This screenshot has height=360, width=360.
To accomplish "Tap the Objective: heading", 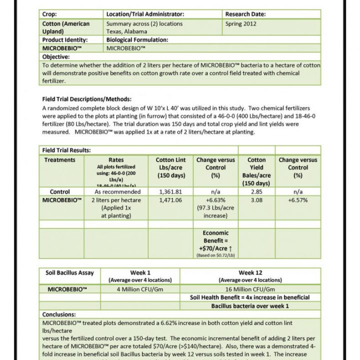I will point(59,57).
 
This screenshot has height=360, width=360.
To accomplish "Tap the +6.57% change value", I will point(297,200).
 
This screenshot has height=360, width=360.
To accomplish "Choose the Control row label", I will point(60,191).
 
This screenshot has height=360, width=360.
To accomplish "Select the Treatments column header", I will point(60,160).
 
